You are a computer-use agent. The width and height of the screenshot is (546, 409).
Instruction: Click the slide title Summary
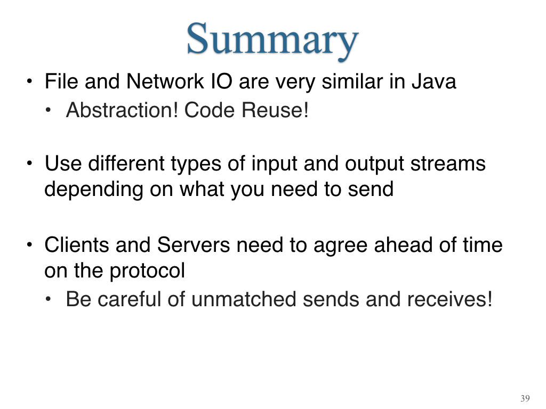point(272,40)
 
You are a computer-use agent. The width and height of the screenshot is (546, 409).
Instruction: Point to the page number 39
point(525,398)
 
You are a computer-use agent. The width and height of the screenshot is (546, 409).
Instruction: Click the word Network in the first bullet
point(165,81)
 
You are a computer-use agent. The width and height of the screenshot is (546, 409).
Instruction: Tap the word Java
point(433,81)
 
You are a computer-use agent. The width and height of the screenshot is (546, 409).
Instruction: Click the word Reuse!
point(275,110)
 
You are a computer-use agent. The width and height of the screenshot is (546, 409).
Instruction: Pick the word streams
point(448,163)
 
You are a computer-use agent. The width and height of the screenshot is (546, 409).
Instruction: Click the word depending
point(94,190)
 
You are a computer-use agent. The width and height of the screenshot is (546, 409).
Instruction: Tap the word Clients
point(77,245)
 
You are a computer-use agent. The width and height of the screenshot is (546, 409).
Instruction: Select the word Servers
point(193,245)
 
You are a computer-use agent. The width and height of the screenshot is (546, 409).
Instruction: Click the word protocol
point(147,271)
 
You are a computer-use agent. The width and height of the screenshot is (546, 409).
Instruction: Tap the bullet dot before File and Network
point(30,81)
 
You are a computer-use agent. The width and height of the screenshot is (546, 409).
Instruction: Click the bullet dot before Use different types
point(30,163)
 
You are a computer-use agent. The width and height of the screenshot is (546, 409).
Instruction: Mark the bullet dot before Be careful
point(48,299)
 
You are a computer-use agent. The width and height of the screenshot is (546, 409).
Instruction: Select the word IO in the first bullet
point(221,81)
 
